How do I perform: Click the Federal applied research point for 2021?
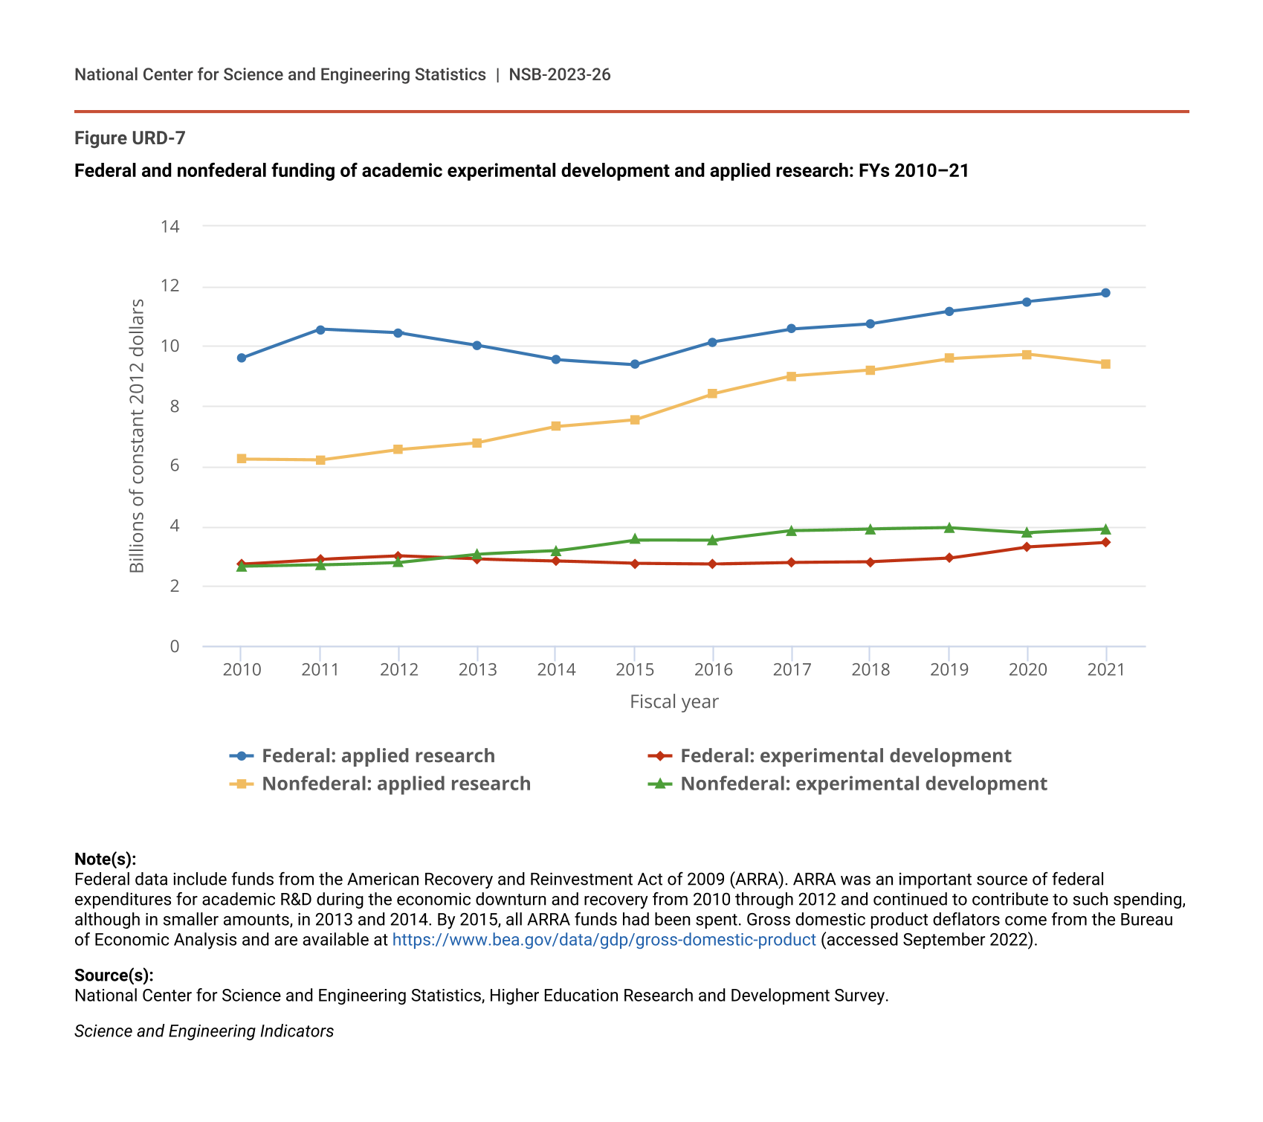(x=1105, y=293)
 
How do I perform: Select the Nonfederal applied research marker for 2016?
(x=712, y=393)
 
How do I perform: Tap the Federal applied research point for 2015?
(x=634, y=364)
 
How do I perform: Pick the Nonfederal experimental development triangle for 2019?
(x=949, y=528)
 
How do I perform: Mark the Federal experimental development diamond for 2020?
(x=1027, y=547)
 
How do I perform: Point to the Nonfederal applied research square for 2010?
(x=242, y=459)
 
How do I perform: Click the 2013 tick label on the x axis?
(x=477, y=670)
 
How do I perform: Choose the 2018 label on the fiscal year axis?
(x=870, y=670)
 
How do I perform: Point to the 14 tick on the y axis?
(x=170, y=226)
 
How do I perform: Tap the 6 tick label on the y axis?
(x=175, y=466)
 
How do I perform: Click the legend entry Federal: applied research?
(x=378, y=756)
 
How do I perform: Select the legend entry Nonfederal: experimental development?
(x=863, y=784)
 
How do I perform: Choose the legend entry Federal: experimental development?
(x=845, y=756)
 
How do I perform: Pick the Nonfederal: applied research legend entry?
(x=395, y=784)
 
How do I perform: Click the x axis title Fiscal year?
(x=674, y=702)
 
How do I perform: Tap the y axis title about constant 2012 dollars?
(x=137, y=436)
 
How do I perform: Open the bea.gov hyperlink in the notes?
(x=604, y=940)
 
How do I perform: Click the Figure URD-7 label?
(x=129, y=138)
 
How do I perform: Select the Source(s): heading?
(x=114, y=976)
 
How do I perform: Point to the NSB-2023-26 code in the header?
(x=559, y=74)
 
